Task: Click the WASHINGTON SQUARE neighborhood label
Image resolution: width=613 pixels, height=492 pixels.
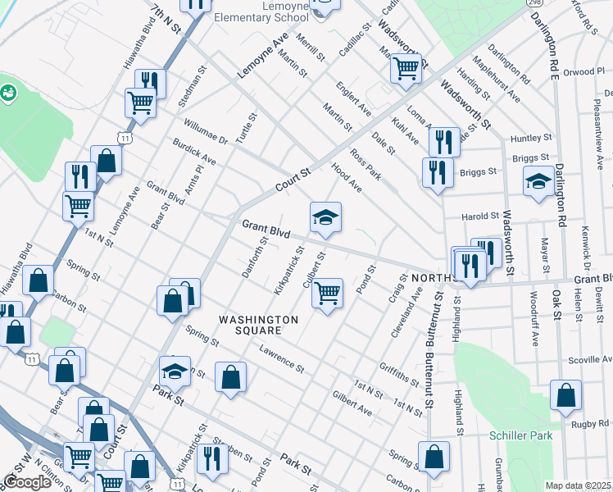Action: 249,325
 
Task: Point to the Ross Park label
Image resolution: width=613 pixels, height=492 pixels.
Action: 366,162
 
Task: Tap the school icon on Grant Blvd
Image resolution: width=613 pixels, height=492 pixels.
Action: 325,217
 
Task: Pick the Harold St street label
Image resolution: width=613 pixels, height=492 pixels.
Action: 480,216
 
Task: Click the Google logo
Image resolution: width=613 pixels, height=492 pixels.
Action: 27,482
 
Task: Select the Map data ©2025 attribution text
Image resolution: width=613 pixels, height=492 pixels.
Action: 578,485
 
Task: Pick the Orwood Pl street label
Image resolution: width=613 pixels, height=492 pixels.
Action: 583,72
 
